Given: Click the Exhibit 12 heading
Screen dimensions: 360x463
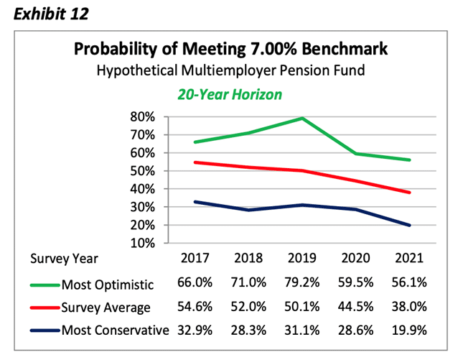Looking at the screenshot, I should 45,12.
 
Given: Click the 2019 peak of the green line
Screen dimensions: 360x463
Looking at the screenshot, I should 302,118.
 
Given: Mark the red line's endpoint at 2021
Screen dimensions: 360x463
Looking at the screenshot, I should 410,193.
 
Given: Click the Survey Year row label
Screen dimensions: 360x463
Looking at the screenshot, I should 63,258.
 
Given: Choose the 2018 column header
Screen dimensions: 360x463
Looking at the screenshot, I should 248,258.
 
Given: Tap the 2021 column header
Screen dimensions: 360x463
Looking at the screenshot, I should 410,258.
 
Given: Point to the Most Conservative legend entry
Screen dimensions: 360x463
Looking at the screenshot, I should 115,331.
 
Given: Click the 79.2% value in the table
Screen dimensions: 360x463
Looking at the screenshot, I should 302,283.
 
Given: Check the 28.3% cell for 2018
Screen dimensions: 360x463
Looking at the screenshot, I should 248,331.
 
